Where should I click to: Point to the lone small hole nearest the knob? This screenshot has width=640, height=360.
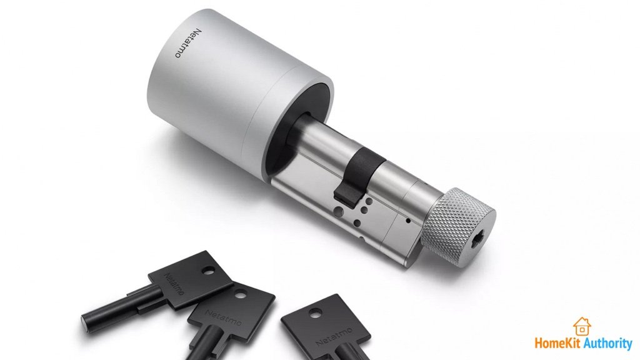(x=408, y=220)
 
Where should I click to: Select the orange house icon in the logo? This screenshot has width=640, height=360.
(x=582, y=326)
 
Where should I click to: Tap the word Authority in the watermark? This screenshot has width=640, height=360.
(x=609, y=344)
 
